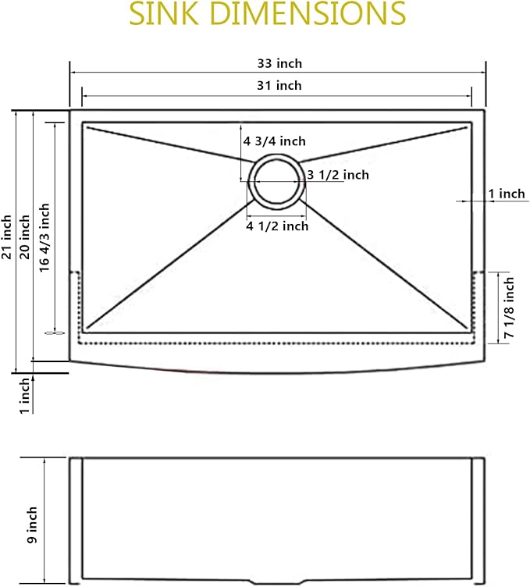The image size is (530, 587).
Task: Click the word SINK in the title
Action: [x=164, y=13]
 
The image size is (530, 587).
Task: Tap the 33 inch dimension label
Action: [x=279, y=63]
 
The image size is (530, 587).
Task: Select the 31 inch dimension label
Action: [x=279, y=85]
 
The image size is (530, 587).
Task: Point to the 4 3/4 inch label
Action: [x=274, y=141]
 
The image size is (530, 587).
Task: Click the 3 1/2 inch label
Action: [x=338, y=175]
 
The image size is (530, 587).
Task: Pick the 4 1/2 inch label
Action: [x=277, y=226]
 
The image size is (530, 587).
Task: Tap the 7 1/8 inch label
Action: [x=509, y=308]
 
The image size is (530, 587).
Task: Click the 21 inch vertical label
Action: [x=7, y=237]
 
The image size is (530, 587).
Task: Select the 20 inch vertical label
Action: [x=25, y=237]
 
